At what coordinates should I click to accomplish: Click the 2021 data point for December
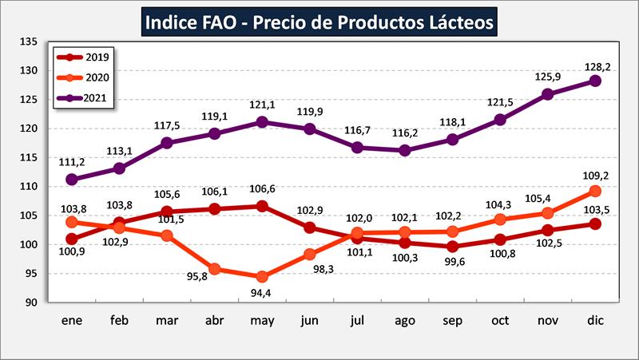pyautogui.click(x=594, y=81)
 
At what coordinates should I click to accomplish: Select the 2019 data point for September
pyautogui.click(x=452, y=247)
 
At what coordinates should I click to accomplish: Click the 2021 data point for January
pyautogui.click(x=72, y=180)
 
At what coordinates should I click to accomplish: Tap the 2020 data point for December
pyautogui.click(x=594, y=191)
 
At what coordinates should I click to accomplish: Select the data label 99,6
pyautogui.click(x=452, y=264)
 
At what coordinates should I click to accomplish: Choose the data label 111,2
pyautogui.click(x=72, y=162)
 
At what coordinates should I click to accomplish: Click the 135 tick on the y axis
pyautogui.click(x=29, y=42)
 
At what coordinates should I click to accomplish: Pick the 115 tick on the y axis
pyautogui.click(x=29, y=157)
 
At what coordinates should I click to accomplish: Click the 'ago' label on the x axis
pyautogui.click(x=404, y=320)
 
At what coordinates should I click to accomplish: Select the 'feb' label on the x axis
pyautogui.click(x=119, y=320)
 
